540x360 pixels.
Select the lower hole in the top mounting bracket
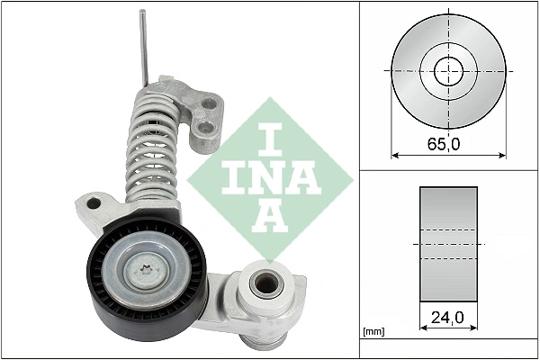206,136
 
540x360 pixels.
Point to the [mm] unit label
374,333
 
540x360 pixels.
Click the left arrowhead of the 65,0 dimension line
395,155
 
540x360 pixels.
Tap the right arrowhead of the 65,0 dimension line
501,155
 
